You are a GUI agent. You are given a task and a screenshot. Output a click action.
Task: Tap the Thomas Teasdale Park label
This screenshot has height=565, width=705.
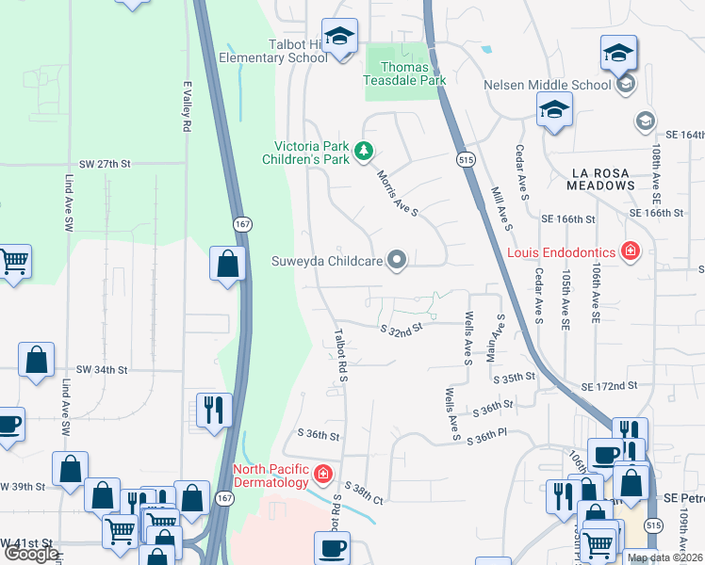click(404, 73)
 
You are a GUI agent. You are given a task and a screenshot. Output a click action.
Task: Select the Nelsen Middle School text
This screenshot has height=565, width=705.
click(548, 85)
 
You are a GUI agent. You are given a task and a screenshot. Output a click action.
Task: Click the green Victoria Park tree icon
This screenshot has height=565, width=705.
click(363, 152)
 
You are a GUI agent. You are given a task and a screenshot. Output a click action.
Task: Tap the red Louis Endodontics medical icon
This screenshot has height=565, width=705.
click(629, 251)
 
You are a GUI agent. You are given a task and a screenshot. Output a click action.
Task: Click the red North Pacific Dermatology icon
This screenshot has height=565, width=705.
click(322, 473)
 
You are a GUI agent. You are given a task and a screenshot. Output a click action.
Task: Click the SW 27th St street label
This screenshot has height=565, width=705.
click(104, 164)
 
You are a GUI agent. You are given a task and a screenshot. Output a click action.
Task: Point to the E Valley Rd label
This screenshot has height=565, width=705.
click(188, 105)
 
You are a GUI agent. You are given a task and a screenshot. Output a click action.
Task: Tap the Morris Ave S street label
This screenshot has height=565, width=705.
click(397, 192)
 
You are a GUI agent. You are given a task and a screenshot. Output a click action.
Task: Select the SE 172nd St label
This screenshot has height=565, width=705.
click(609, 387)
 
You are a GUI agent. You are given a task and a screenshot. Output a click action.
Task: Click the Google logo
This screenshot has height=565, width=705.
click(31, 554)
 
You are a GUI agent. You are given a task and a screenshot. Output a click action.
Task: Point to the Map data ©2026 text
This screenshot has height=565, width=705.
click(664, 557)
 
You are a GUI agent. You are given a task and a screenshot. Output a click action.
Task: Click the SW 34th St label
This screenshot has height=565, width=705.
click(101, 370)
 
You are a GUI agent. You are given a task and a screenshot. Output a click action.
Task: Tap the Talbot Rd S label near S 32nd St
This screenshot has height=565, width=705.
click(341, 355)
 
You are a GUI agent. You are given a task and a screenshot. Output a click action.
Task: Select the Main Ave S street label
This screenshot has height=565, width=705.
click(491, 341)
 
